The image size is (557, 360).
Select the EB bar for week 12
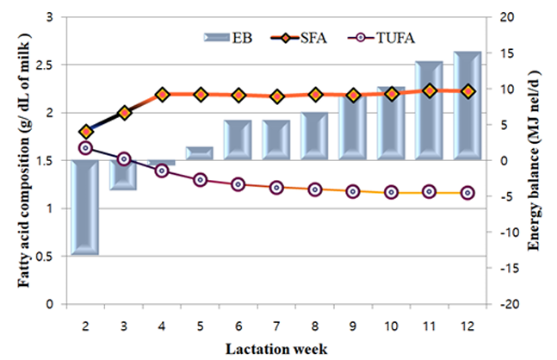[467, 105]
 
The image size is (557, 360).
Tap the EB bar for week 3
[124, 175]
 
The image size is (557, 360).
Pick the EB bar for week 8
[315, 136]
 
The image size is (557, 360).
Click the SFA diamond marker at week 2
[85, 132]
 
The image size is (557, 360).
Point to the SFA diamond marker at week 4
[162, 94]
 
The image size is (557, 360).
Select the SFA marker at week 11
[430, 90]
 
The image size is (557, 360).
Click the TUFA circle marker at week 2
[85, 148]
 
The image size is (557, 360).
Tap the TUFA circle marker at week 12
[467, 193]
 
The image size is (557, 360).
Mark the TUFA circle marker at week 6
[238, 184]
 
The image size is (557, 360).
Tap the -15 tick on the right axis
[508, 268]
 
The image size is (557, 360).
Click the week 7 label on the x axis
[276, 327]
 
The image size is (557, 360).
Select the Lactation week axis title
[276, 349]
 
